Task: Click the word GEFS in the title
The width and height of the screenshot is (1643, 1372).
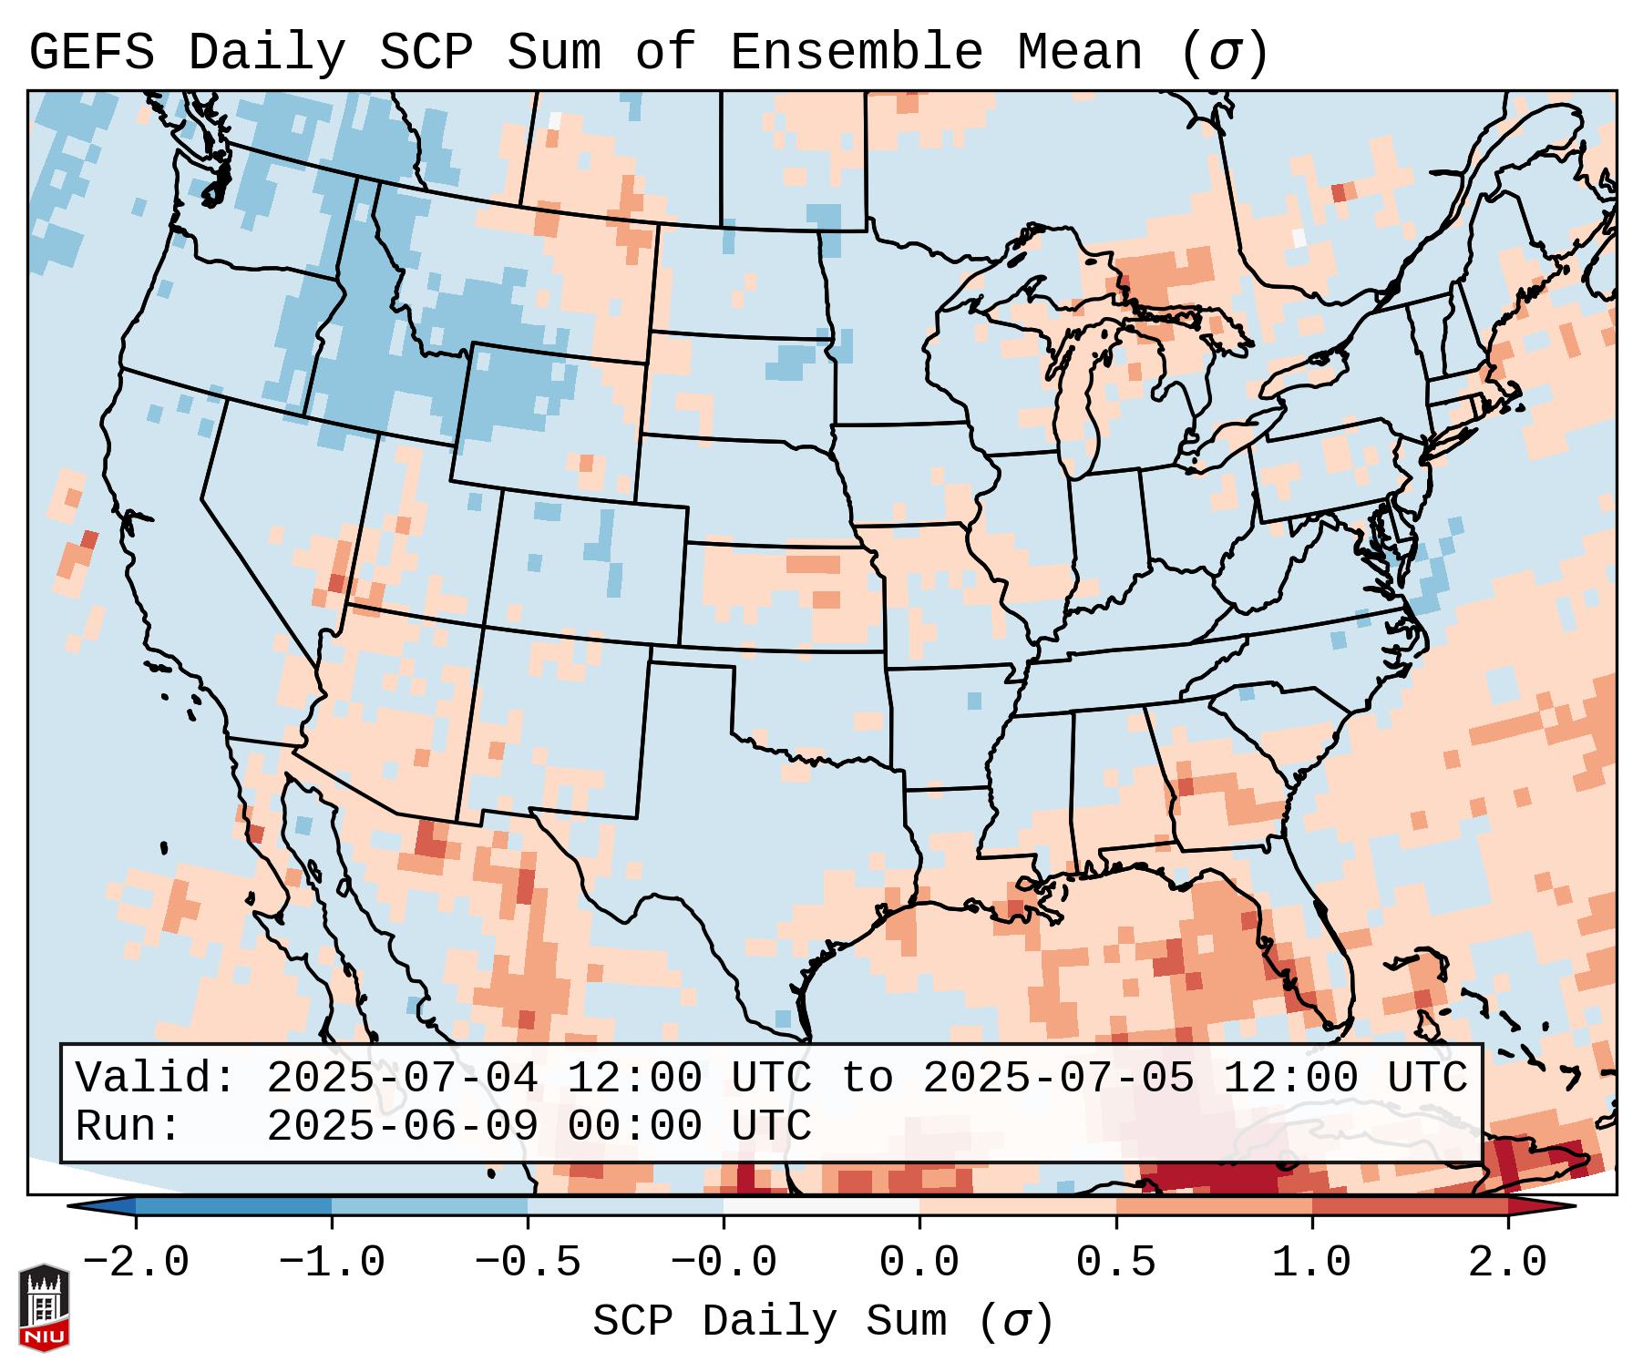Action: tap(91, 53)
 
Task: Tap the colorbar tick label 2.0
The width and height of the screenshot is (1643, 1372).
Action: tap(1507, 1263)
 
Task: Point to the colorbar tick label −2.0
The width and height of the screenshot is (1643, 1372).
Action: tap(136, 1263)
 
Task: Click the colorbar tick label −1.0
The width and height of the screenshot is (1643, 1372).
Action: tap(332, 1263)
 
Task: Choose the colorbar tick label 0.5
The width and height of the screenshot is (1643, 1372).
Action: tap(1115, 1263)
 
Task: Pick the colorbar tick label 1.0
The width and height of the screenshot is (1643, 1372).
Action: tap(1311, 1263)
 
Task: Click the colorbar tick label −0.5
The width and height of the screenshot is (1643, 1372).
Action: tap(528, 1263)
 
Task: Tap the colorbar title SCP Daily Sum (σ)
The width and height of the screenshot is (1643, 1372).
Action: tap(823, 1322)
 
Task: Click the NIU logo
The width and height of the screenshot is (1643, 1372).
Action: tap(44, 1307)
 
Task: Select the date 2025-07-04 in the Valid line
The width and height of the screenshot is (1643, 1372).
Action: tap(402, 1079)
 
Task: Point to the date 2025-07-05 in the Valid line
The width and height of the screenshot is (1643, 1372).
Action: tap(1058, 1079)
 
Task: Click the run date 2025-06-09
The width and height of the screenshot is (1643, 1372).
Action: tap(402, 1127)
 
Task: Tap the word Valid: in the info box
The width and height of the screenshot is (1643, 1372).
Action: tap(156, 1079)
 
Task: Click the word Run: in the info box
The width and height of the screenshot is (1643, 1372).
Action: tap(128, 1127)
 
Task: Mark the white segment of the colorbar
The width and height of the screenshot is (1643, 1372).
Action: tap(821, 1206)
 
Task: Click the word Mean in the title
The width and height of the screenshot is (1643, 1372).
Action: tap(1079, 53)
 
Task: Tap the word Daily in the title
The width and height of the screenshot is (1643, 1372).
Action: tap(266, 53)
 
